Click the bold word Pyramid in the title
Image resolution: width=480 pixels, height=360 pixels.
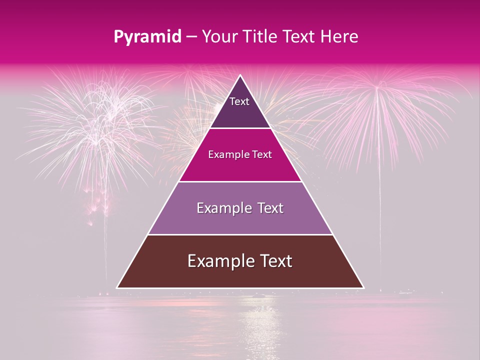(147, 36)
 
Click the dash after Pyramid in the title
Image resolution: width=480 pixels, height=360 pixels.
(191, 36)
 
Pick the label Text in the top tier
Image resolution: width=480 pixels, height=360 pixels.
(239, 101)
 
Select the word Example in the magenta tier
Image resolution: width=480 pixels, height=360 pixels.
(226, 154)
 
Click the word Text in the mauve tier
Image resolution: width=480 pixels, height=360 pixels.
(270, 208)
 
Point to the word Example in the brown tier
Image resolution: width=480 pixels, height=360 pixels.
(218, 261)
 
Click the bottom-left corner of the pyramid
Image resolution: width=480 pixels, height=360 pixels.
(117, 288)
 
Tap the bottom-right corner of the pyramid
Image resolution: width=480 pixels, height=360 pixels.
(363, 288)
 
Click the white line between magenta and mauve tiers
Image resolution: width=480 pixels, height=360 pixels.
(240, 181)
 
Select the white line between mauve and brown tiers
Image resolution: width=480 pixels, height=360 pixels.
(240, 234)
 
